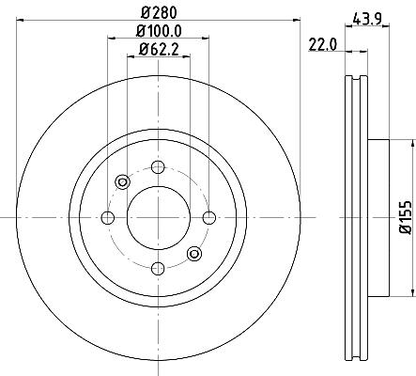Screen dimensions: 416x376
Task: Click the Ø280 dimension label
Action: pos(159,12)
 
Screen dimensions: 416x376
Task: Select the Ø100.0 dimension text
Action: pos(159,31)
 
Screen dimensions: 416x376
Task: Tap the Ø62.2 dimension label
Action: pos(159,50)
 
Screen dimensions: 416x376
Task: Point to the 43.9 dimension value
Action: pos(367,20)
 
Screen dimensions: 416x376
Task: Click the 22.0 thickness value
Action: pos(323,45)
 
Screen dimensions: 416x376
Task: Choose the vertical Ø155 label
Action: pos(407,216)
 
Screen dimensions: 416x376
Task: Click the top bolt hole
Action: pos(158,166)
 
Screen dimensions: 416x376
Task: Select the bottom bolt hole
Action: pos(158,268)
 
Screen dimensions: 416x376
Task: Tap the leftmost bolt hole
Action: pos(108,217)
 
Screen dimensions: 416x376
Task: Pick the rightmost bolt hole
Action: pos(209,217)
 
